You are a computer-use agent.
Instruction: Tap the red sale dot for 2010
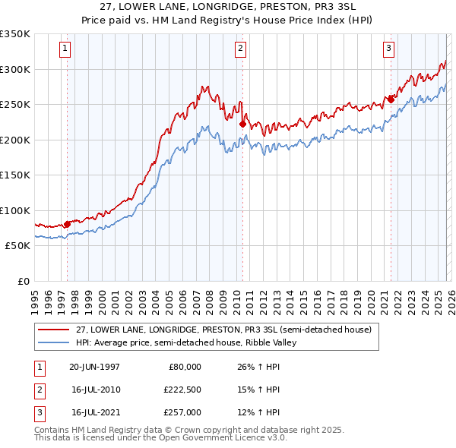[242, 124]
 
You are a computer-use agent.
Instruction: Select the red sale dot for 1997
[67, 224]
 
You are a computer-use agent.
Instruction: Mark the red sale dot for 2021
[391, 99]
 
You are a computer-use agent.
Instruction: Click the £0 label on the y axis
[22, 281]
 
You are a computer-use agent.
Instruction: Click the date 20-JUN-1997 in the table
[94, 367]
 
